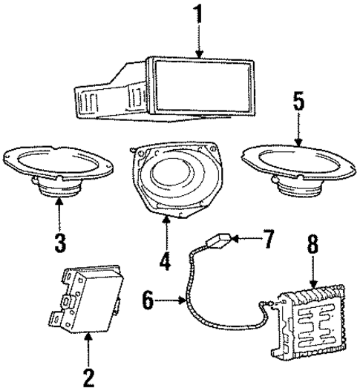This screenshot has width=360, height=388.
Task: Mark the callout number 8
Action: pyautogui.click(x=312, y=263)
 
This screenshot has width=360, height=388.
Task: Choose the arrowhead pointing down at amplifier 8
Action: pyautogui.click(x=312, y=287)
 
